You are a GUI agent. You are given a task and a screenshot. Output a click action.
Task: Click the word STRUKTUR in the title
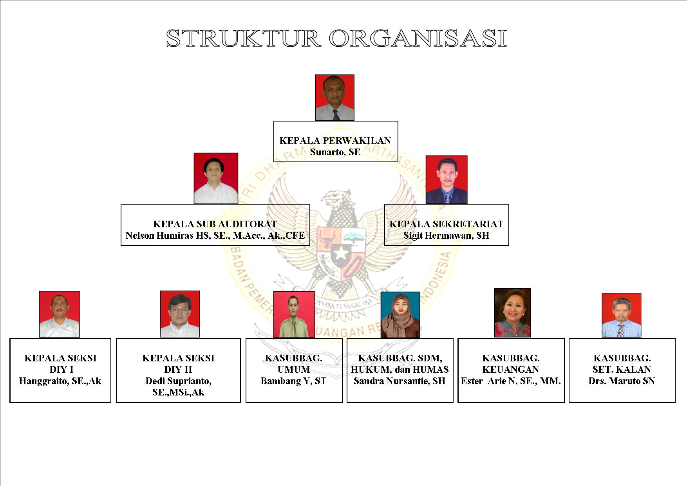[x=244, y=38]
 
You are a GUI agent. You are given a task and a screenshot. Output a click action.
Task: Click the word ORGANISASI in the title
[x=418, y=38]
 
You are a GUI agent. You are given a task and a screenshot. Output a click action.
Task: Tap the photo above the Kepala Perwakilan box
[x=335, y=98]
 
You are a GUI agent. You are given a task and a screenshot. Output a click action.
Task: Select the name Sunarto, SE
[x=335, y=152]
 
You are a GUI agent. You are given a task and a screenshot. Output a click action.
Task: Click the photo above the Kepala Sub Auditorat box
[x=216, y=178]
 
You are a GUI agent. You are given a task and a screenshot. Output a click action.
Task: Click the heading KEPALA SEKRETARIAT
[x=447, y=224]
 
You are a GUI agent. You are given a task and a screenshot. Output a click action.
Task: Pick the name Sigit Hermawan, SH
[x=447, y=236]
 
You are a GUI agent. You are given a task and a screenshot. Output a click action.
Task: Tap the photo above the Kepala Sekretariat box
[x=447, y=180]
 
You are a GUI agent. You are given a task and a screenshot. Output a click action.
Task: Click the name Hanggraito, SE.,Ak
[x=60, y=381]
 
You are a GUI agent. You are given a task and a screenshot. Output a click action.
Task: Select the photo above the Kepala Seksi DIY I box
[x=60, y=314]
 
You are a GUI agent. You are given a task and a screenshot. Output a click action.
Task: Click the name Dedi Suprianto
[x=178, y=381]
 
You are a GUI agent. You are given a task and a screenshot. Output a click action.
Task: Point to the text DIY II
[x=178, y=370]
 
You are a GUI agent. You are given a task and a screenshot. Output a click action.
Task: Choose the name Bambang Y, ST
[x=294, y=381]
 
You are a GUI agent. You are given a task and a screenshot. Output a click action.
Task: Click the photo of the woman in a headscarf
[x=400, y=315]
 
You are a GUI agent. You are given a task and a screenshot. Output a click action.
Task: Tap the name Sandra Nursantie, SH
[x=400, y=381]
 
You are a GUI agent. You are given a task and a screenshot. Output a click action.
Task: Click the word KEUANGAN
[x=511, y=370]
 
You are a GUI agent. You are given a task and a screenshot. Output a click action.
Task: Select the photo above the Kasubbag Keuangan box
[x=513, y=313]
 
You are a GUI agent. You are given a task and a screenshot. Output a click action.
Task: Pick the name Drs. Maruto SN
[x=622, y=381]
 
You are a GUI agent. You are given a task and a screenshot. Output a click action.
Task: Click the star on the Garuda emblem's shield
[x=341, y=254]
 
